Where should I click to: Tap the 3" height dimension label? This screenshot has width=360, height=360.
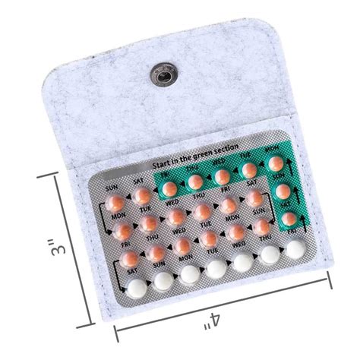coord(48,249)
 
